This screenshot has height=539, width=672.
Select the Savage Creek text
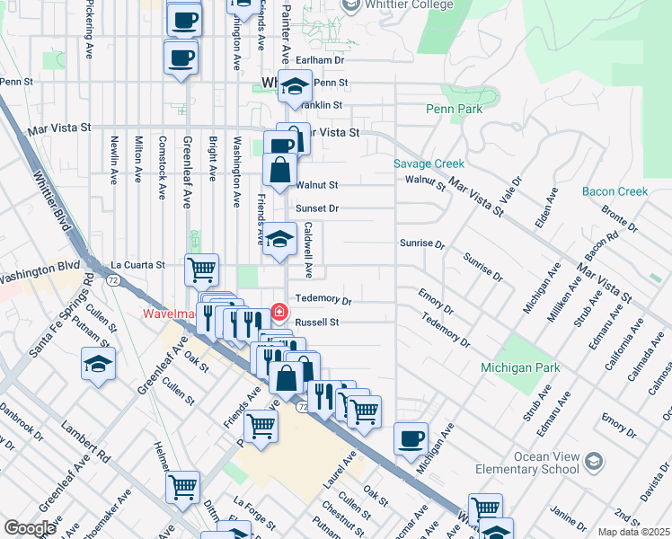[x=429, y=163]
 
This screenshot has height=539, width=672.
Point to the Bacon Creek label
[x=615, y=191]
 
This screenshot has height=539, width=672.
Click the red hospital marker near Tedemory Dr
[x=279, y=312]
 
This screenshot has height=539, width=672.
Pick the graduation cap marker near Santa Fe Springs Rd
[x=98, y=364]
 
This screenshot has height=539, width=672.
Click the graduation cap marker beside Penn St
[x=293, y=86]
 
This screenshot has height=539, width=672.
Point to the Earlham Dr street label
[x=321, y=60]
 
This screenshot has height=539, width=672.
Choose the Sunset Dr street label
[x=316, y=208]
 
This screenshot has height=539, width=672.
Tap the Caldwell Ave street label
[x=308, y=249]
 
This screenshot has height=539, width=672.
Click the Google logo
[x=29, y=528]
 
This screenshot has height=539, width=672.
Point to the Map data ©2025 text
[x=632, y=532]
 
